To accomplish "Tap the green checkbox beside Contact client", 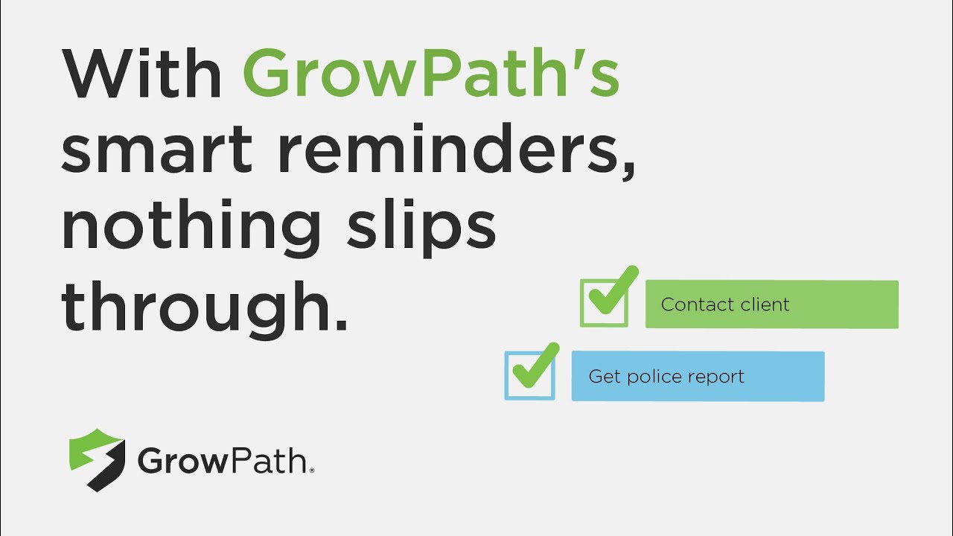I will (x=604, y=303).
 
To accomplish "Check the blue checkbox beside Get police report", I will (x=529, y=375).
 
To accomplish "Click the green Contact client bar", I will (x=771, y=304).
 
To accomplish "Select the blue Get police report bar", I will (x=698, y=377).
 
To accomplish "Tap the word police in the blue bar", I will (x=654, y=377).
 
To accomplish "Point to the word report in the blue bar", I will (x=717, y=377).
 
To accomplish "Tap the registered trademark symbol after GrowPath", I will (x=311, y=470).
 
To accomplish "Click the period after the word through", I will (x=341, y=325).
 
